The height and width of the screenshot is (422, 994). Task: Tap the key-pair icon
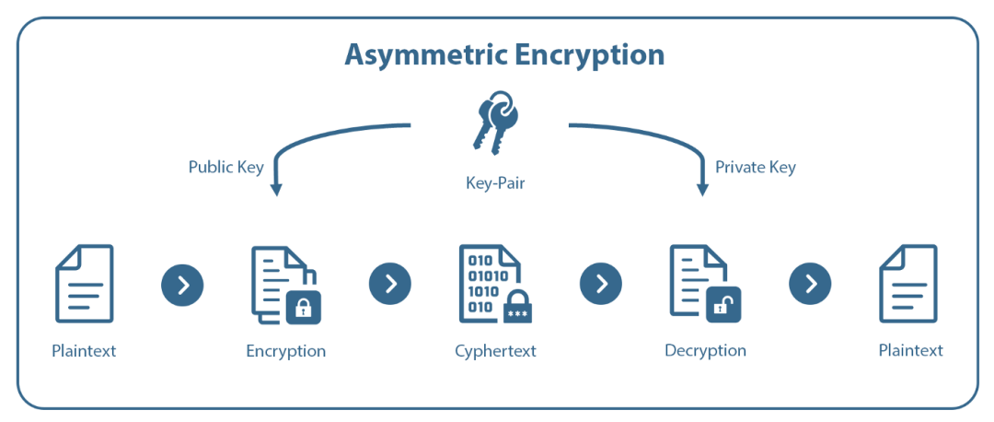tap(494, 120)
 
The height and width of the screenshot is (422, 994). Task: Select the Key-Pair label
tap(495, 183)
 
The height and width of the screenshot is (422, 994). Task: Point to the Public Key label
tap(226, 167)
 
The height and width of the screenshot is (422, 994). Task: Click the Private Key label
tap(756, 167)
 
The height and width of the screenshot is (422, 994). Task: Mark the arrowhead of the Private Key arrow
tap(702, 189)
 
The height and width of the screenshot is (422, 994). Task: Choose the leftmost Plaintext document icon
tap(85, 284)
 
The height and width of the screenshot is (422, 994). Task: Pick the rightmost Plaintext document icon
tap(907, 284)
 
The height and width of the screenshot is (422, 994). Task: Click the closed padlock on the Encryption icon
tap(303, 307)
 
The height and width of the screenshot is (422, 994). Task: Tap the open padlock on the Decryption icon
tap(723, 305)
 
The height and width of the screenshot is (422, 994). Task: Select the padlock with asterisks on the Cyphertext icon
tap(517, 308)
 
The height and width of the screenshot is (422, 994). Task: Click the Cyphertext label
tap(495, 351)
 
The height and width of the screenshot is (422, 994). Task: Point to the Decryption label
tap(705, 350)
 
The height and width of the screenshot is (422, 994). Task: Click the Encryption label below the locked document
tap(285, 351)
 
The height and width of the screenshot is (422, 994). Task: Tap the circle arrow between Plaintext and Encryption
tap(182, 285)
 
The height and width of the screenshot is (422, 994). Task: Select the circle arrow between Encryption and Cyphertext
tap(390, 284)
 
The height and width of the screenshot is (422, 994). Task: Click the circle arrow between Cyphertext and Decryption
tap(601, 284)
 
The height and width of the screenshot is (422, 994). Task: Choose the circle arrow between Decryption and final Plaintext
tap(810, 284)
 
